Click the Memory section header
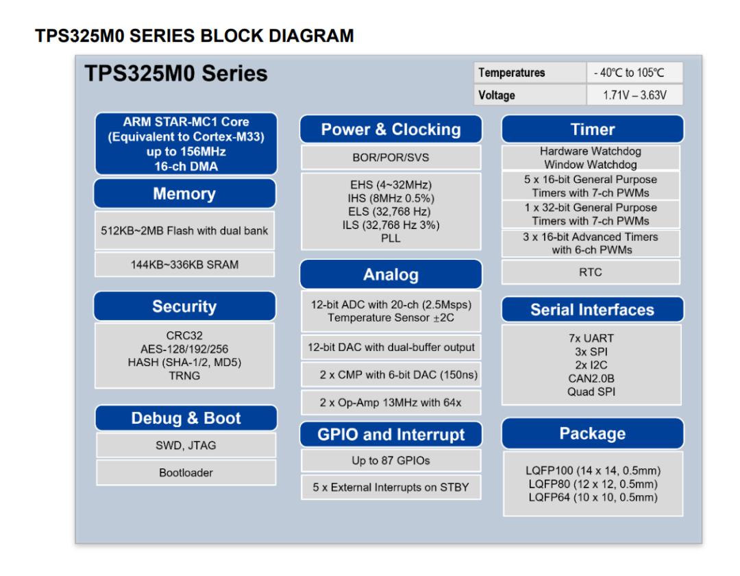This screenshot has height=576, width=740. click(185, 194)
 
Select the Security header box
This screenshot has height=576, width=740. click(185, 307)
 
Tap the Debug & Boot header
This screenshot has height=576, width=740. click(185, 418)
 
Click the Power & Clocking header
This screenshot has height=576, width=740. click(391, 130)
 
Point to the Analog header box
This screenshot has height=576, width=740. click(391, 276)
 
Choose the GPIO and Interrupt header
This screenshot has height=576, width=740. click(391, 435)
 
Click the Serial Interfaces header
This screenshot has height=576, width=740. click(593, 310)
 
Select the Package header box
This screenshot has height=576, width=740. click(593, 433)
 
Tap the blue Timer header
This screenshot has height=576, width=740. click(593, 130)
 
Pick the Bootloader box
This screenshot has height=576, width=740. click(185, 472)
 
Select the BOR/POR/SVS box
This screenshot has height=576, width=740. click(391, 157)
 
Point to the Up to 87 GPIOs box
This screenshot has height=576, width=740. click(391, 461)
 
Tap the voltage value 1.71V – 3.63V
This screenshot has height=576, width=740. click(634, 95)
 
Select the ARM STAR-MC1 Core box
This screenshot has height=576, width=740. click(185, 143)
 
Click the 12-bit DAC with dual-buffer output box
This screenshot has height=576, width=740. click(391, 347)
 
